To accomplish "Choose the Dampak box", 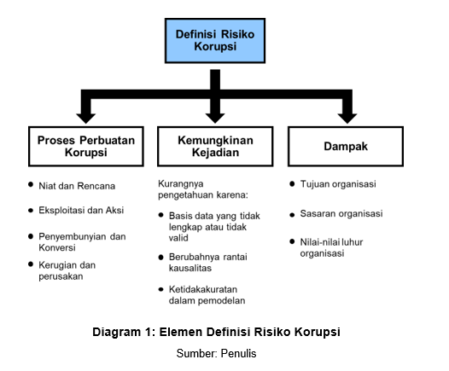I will [345, 147].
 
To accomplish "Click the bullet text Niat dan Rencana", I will [77, 185].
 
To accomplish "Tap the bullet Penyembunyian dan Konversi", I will [82, 241].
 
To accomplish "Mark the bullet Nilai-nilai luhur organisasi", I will [335, 247].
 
